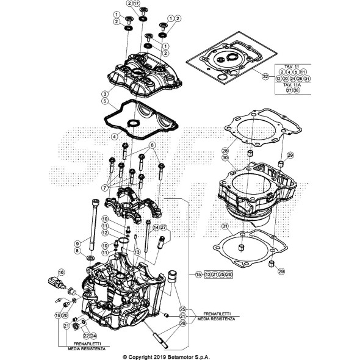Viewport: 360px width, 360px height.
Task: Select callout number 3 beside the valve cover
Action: pyautogui.click(x=105, y=93)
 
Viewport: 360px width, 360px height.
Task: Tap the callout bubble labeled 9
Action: pyautogui.click(x=77, y=243)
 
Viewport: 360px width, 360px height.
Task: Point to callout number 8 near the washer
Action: pyautogui.click(x=77, y=251)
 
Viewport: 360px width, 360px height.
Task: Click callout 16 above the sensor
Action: pyautogui.click(x=61, y=272)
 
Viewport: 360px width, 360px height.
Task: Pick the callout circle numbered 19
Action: pyautogui.click(x=57, y=315)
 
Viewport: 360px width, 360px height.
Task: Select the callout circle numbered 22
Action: pyautogui.click(x=86, y=336)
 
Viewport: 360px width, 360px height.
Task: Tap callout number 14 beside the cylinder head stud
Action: pyautogui.click(x=156, y=228)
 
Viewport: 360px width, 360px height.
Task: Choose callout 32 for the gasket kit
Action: pyautogui.click(x=265, y=77)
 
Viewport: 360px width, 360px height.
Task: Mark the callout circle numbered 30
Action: pyautogui.click(x=225, y=158)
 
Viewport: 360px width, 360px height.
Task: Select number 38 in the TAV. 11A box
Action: pyautogui.click(x=297, y=90)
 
